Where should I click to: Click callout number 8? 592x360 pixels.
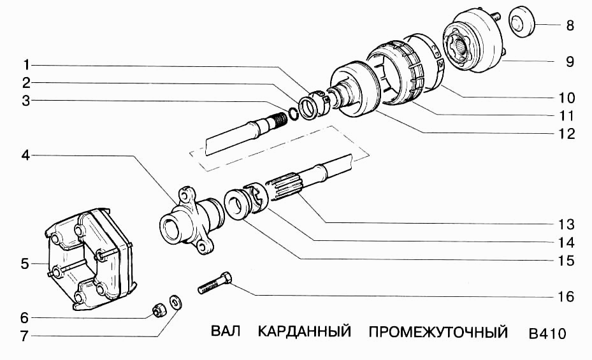coord(570,26)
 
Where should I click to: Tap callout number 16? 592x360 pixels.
coord(566,297)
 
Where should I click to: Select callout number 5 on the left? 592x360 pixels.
coord(25,264)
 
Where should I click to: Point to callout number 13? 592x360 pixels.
coord(566,225)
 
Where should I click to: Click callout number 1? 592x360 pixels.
coord(25,64)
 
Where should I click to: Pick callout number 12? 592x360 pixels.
coord(566,134)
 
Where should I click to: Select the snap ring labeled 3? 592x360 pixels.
coord(292,114)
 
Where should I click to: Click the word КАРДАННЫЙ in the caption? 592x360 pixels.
coord(305,333)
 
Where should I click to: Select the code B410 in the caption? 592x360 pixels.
coord(547,333)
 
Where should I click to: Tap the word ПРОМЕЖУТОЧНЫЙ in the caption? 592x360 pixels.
coord(438,333)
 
